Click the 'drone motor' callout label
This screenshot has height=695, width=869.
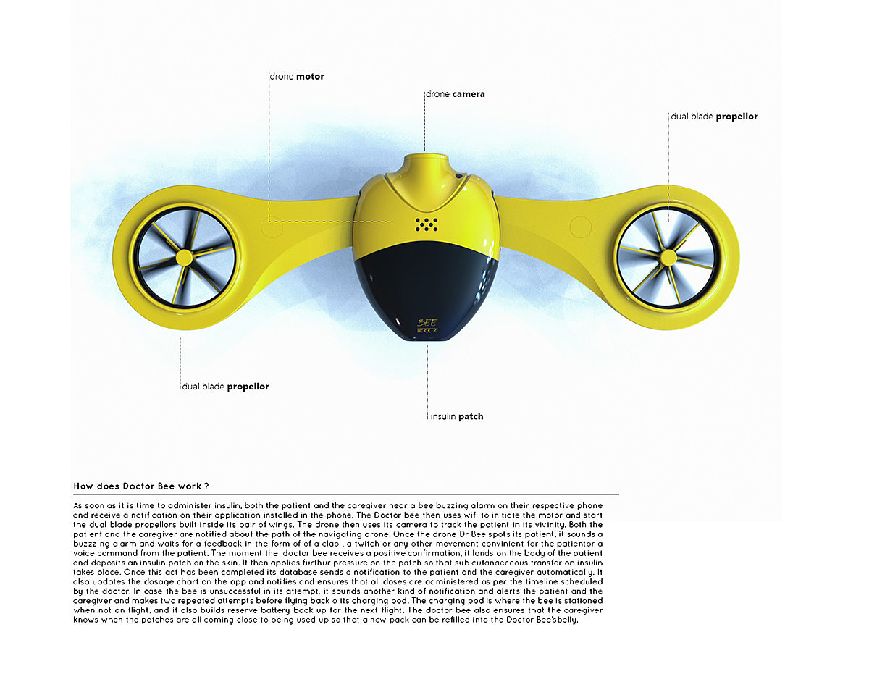[x=297, y=76]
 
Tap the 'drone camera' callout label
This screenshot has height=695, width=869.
[x=456, y=94]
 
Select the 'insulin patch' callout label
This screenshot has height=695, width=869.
[x=457, y=416]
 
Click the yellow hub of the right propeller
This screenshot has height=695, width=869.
[x=668, y=256]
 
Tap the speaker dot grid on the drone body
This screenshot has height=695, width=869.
[x=427, y=224]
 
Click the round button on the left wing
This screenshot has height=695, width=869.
[x=272, y=227]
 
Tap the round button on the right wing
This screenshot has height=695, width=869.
[x=581, y=227]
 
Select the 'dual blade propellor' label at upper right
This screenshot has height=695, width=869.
[x=715, y=117]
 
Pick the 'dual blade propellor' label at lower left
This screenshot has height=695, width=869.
[x=225, y=387]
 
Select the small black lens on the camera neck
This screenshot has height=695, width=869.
[x=457, y=174]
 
